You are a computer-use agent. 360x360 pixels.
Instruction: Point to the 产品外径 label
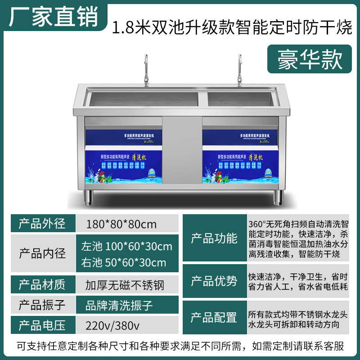coord(42,224)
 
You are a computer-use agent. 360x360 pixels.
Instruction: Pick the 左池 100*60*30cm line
coord(126,247)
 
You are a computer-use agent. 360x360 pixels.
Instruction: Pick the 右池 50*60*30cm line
coord(123,262)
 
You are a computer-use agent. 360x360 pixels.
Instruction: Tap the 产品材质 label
coord(42,284)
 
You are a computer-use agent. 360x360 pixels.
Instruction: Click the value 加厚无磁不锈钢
coord(125,284)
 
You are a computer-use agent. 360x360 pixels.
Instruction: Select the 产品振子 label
coord(42,306)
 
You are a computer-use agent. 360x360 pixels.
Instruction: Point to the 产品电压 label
coord(42,325)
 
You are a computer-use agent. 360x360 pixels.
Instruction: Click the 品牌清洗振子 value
coord(119,306)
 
